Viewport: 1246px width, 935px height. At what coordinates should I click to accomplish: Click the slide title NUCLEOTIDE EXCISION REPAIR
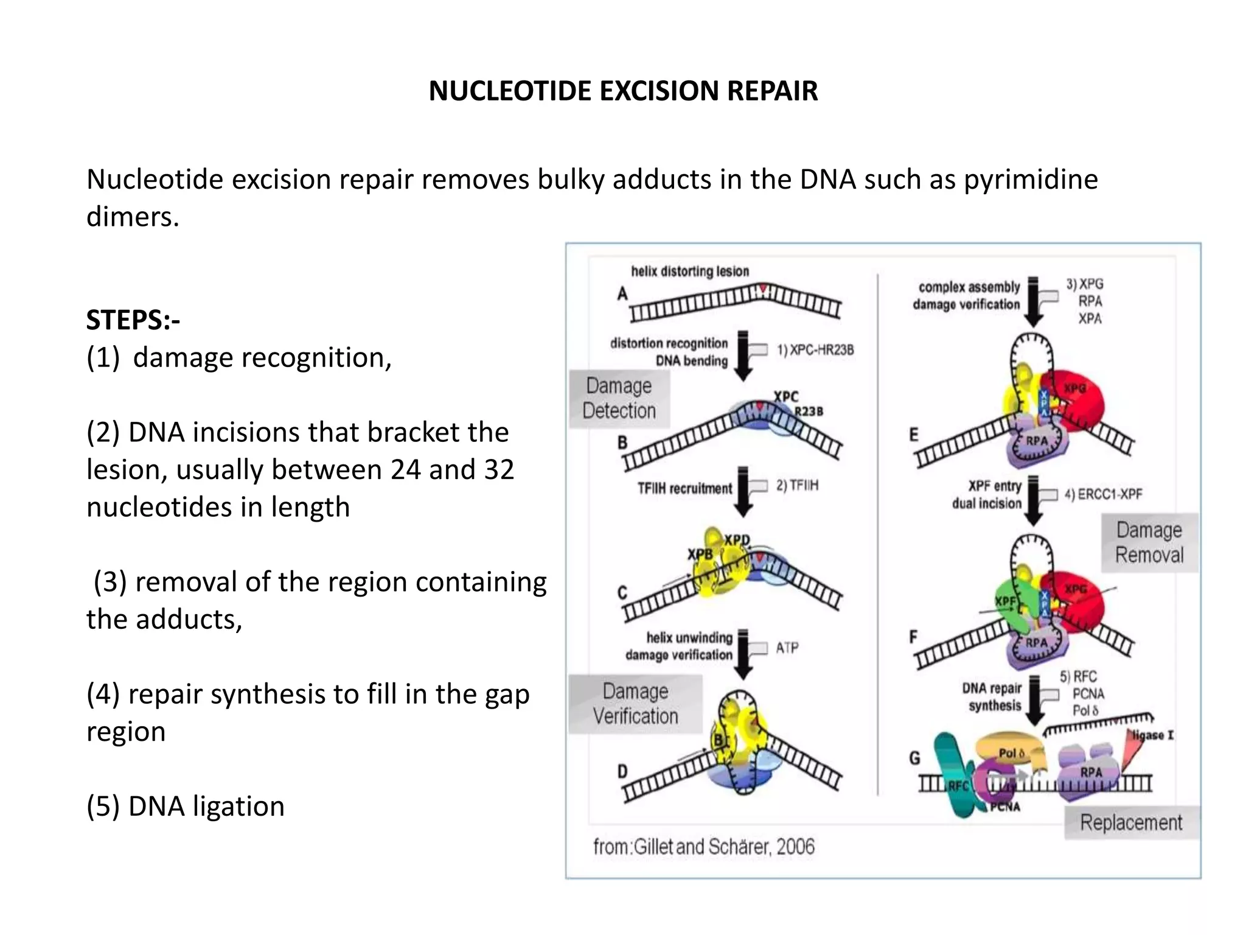click(623, 91)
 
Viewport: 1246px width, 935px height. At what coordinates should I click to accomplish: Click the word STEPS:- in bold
click(133, 320)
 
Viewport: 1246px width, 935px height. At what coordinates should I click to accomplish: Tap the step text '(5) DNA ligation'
click(186, 806)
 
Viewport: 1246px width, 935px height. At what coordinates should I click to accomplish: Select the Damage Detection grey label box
click(619, 399)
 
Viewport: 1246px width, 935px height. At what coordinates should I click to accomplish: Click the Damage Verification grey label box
click(635, 704)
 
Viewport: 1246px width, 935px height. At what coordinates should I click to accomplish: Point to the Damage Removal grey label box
click(1149, 542)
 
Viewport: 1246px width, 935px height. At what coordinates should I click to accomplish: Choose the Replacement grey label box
click(1131, 822)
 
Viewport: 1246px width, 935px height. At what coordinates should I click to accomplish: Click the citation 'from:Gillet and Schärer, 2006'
click(704, 847)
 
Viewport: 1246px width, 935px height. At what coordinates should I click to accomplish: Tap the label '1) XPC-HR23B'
click(815, 350)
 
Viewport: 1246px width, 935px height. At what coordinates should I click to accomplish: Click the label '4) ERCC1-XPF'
click(1103, 494)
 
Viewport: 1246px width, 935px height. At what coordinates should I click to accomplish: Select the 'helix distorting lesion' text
click(690, 271)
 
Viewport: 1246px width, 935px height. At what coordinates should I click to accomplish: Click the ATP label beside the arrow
click(787, 648)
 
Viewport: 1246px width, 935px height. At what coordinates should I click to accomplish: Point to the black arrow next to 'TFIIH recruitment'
click(743, 491)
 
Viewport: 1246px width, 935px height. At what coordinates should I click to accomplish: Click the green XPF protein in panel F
click(1013, 603)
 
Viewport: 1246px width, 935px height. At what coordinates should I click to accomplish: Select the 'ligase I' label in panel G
click(1153, 735)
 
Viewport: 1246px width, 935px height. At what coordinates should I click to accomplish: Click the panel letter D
click(622, 772)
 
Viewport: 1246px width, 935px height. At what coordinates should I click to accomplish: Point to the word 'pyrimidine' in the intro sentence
click(1031, 180)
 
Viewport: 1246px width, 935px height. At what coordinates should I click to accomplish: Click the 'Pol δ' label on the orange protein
click(1011, 753)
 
